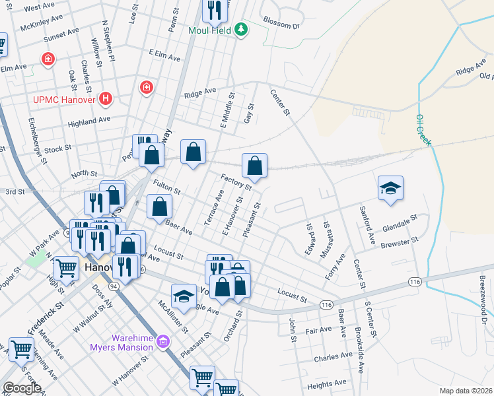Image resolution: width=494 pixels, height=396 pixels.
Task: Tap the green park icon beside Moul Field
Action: click(242, 29)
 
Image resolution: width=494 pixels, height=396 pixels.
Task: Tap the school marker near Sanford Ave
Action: click(390, 188)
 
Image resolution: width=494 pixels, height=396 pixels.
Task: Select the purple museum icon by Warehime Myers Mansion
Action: click(164, 342)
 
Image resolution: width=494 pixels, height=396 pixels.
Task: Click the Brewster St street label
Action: click(400, 243)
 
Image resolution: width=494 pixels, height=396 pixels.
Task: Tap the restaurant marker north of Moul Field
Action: click(213, 9)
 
